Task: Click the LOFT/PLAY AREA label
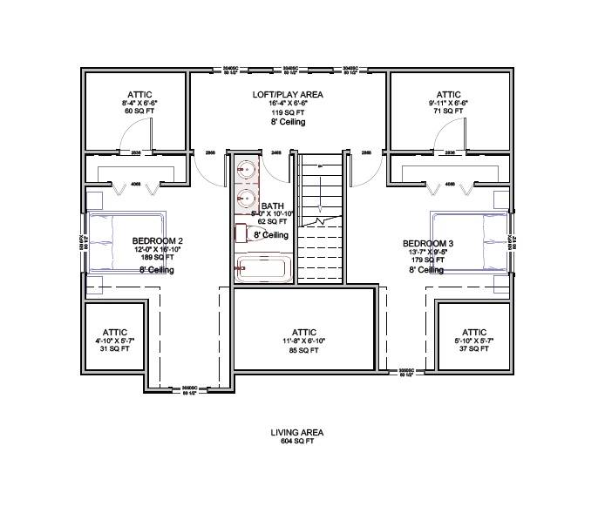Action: click(x=289, y=94)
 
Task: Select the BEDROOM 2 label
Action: click(x=158, y=241)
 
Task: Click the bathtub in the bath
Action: click(x=264, y=268)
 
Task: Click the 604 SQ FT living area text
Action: click(x=297, y=441)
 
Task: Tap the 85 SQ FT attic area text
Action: click(x=304, y=351)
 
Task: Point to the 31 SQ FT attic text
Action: click(x=115, y=349)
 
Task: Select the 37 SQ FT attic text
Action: click(x=474, y=349)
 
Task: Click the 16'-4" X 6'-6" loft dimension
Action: click(x=289, y=104)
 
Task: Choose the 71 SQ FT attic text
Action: click(x=448, y=112)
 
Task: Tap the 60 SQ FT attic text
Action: click(x=139, y=112)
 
